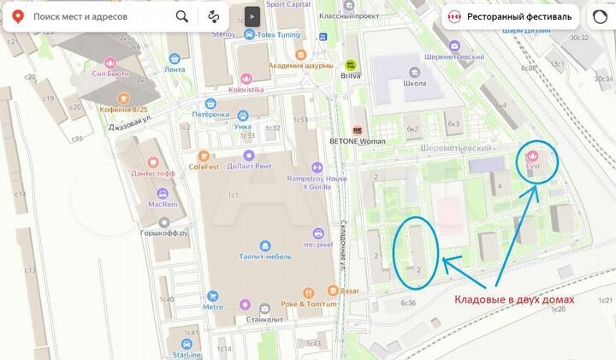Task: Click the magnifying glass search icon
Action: click(x=182, y=16)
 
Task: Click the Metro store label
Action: click(x=212, y=307)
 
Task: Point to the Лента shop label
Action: click(x=175, y=69)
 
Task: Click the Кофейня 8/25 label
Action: click(x=123, y=109)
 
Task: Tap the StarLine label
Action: click(x=187, y=353)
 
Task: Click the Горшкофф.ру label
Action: click(x=164, y=232)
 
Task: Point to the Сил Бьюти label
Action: click(x=110, y=74)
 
